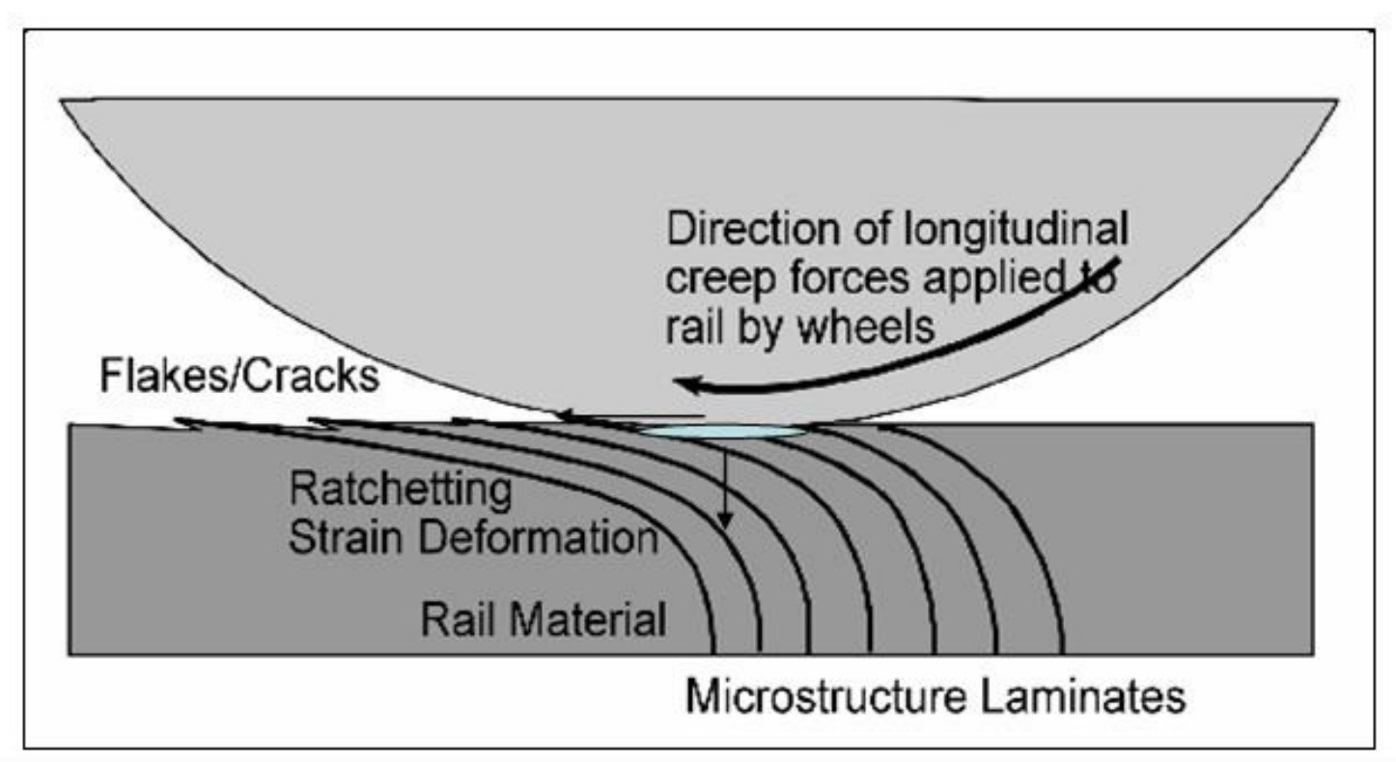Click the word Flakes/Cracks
239,375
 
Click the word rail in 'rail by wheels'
690,327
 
